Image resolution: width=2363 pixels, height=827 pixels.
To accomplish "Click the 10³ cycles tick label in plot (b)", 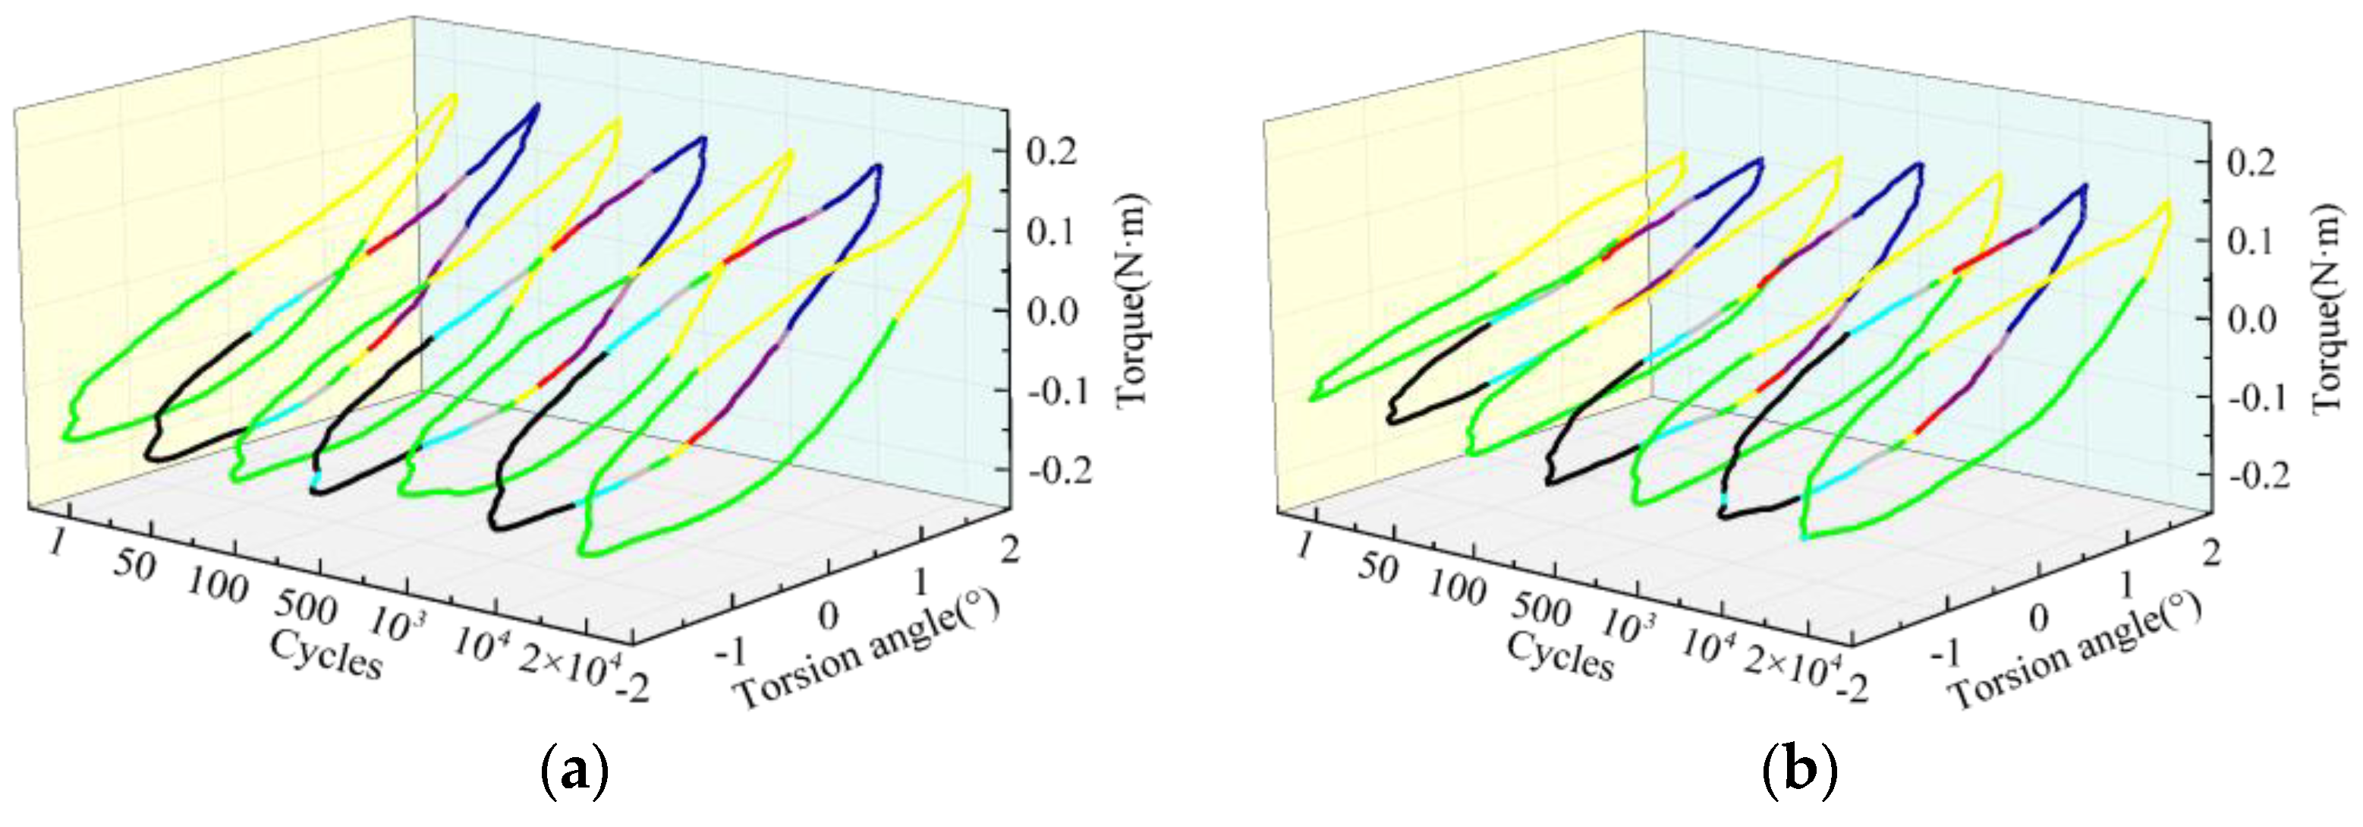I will (x=1628, y=625).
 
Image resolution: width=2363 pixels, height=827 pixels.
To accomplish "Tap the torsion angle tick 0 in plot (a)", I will (x=829, y=616).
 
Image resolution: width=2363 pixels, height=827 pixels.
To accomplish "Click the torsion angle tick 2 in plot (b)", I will (x=2212, y=554).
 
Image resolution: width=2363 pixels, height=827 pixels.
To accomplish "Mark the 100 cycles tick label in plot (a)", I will (x=216, y=585).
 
